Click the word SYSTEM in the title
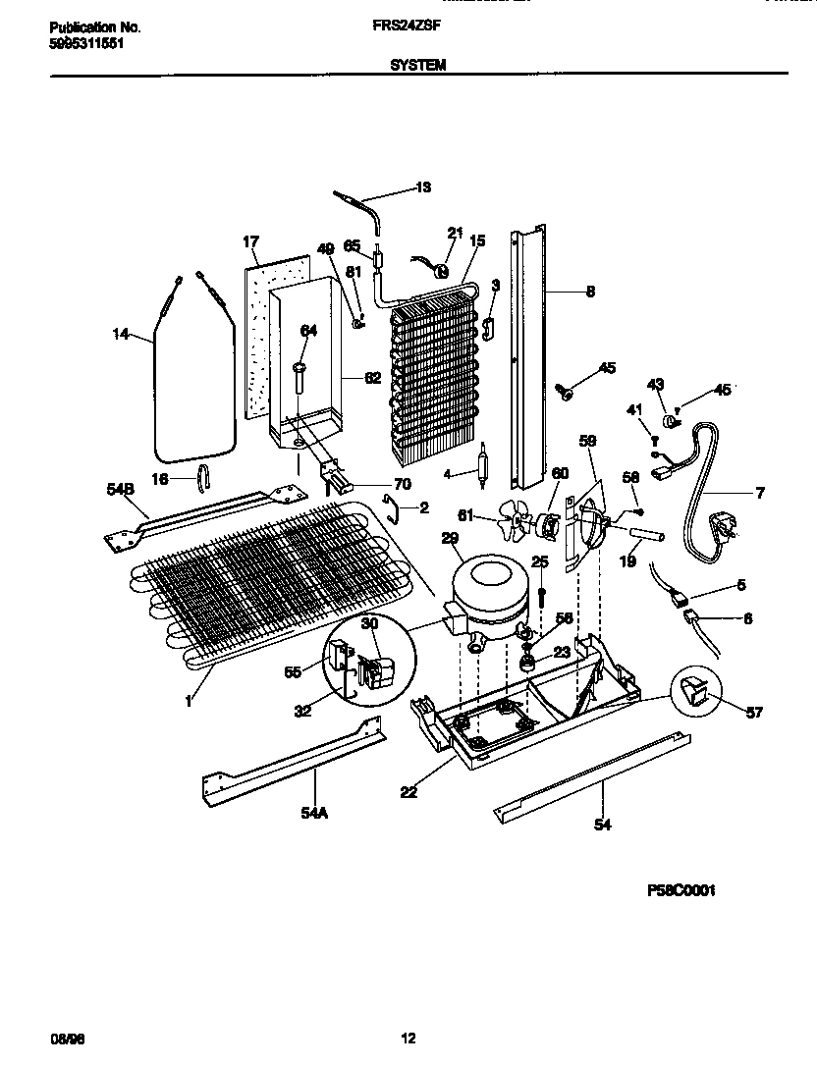click(419, 65)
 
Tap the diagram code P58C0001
click(681, 890)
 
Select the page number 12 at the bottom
click(409, 1038)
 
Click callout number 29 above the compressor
click(451, 539)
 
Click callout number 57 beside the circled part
click(751, 714)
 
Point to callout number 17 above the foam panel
click(251, 241)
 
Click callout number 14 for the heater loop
click(121, 334)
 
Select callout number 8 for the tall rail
click(590, 291)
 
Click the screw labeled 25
click(541, 595)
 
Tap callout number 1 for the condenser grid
click(187, 703)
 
